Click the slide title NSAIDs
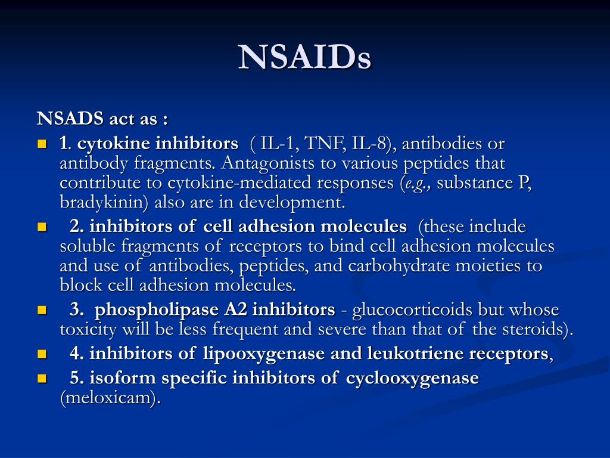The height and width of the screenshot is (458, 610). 305,58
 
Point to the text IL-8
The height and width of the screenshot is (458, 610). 370,144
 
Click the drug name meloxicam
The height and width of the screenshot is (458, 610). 110,398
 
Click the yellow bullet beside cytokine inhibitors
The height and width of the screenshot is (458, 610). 42,144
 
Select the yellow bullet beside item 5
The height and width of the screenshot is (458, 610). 42,379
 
